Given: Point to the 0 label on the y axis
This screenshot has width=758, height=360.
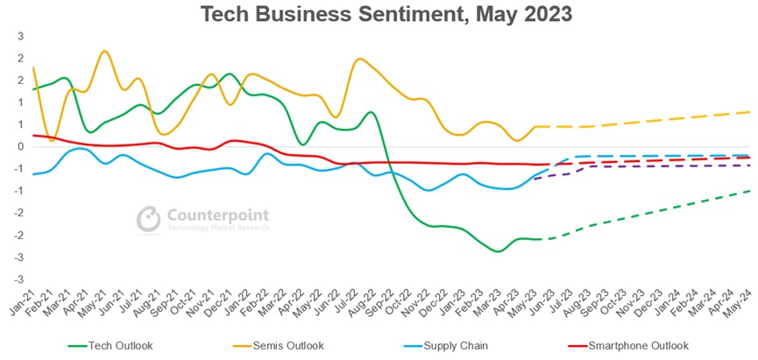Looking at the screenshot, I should pos(20,146).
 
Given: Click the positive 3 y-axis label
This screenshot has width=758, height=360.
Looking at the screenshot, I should pos(20,36).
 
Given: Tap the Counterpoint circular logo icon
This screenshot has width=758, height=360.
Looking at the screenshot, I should pos(149,219).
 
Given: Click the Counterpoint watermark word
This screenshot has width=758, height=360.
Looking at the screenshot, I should pos(216,215).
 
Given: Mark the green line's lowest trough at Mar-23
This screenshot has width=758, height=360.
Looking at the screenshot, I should pos(499,251).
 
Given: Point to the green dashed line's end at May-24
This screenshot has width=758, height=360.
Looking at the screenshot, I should pos(750,190).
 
